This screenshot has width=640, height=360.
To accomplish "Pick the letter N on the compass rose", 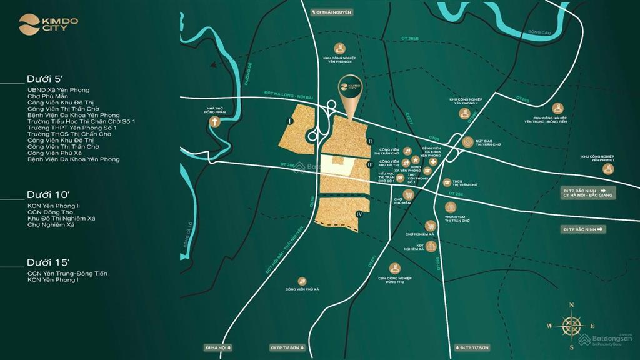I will point(571,305).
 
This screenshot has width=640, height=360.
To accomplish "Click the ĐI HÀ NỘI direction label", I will point(218,347).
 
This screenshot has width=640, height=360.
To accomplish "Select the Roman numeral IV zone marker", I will point(359,214).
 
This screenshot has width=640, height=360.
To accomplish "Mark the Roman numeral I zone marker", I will point(290,120).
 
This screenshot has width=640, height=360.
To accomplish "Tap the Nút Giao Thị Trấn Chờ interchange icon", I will point(467,141).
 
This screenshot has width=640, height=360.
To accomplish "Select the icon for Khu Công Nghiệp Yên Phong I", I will point(607,169).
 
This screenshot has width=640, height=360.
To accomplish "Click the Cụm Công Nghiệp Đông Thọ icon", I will point(394,268).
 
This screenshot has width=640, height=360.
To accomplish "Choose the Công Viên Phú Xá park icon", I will point(302,281).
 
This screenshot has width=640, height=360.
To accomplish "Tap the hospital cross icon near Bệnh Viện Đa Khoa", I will point(433,161).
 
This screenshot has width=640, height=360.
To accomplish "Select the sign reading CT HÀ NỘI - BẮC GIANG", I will point(589,196).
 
